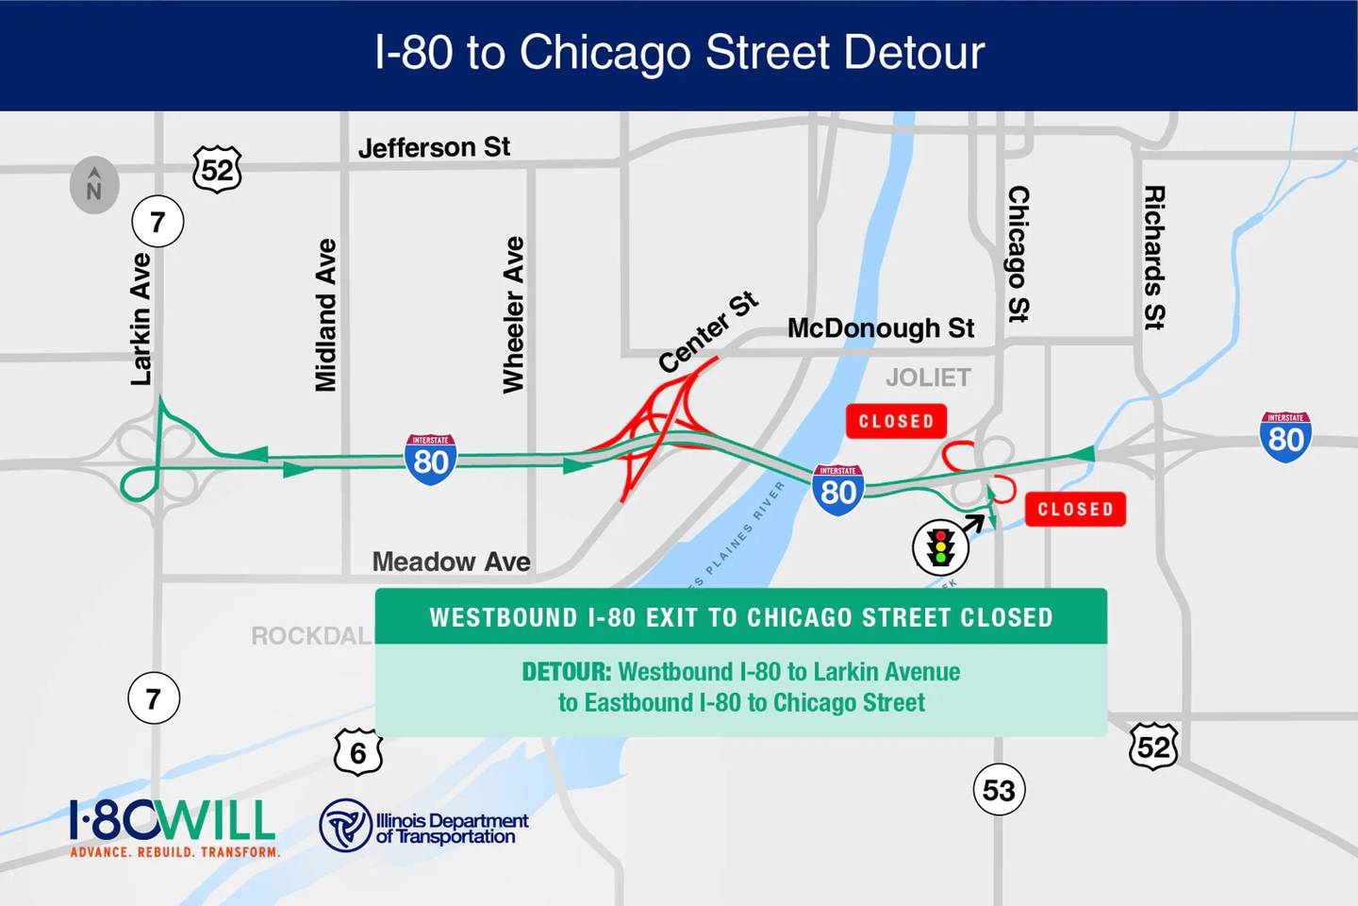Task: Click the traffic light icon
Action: pos(940,548)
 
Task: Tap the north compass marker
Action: pos(94,185)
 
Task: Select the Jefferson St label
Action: pos(434,148)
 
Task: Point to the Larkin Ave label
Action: pos(141,319)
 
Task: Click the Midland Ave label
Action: pos(325,314)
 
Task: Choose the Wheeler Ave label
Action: pos(513,314)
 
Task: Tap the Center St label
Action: pos(707,332)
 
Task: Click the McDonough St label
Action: pos(880,328)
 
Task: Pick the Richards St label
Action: pos(1154,257)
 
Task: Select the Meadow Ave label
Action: pos(451,562)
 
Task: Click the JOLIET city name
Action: pos(928,377)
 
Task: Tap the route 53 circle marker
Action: pos(999,790)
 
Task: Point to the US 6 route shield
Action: pos(358,753)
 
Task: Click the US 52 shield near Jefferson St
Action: pos(218,170)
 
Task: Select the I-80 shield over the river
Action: pos(838,490)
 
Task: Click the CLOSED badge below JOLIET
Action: pos(896,421)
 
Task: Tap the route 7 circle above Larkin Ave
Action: pos(157,222)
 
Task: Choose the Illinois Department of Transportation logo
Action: pos(424,827)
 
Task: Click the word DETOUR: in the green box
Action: pos(567,672)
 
